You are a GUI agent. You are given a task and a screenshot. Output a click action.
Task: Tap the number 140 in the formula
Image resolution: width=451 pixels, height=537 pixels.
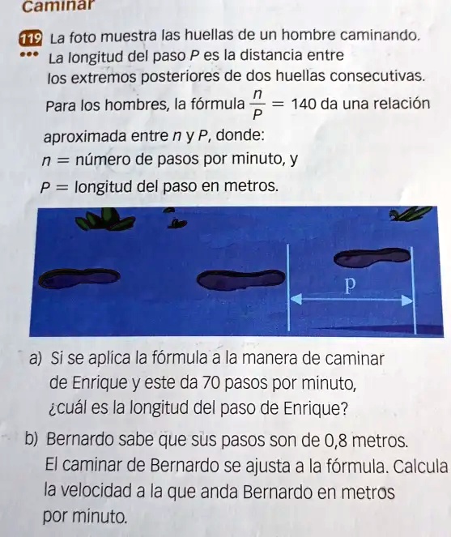point(303,104)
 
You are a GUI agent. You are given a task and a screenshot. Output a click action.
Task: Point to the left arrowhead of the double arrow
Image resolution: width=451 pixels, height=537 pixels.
point(296,299)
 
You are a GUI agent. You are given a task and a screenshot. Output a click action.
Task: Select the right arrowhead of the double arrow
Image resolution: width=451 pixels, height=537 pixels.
point(407,300)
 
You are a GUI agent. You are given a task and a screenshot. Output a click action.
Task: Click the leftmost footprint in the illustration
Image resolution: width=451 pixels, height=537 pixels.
point(79,278)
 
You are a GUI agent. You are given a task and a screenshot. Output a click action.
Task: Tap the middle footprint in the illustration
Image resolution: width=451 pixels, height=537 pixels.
point(241,279)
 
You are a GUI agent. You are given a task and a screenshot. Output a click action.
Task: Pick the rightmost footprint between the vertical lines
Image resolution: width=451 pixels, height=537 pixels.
point(372,258)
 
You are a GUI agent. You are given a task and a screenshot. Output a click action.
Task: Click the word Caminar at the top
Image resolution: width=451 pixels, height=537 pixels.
point(57,6)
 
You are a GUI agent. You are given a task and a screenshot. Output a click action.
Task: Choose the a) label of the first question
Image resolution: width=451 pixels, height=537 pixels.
point(36,359)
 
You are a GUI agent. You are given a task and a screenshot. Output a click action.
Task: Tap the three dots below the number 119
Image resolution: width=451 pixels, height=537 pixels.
point(30,54)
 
